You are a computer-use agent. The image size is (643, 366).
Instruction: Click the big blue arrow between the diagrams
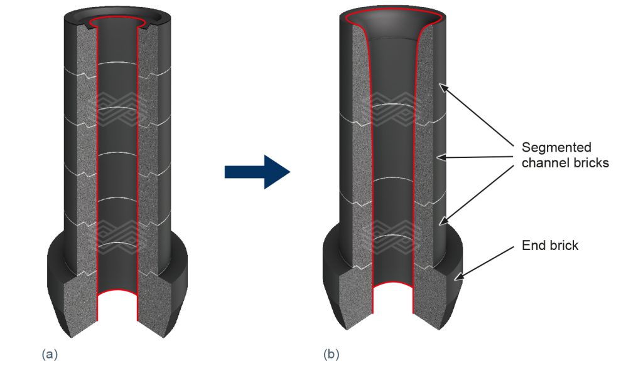[257, 172]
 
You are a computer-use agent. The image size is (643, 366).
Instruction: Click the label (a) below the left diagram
[50, 353]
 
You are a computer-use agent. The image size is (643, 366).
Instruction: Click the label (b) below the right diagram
[332, 353]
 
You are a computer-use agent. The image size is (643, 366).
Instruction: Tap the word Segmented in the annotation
[556, 148]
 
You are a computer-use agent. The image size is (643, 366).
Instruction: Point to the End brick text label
[550, 245]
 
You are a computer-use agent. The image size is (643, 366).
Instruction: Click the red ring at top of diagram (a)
[117, 22]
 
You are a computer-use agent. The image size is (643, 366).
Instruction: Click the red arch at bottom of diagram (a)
[117, 293]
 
